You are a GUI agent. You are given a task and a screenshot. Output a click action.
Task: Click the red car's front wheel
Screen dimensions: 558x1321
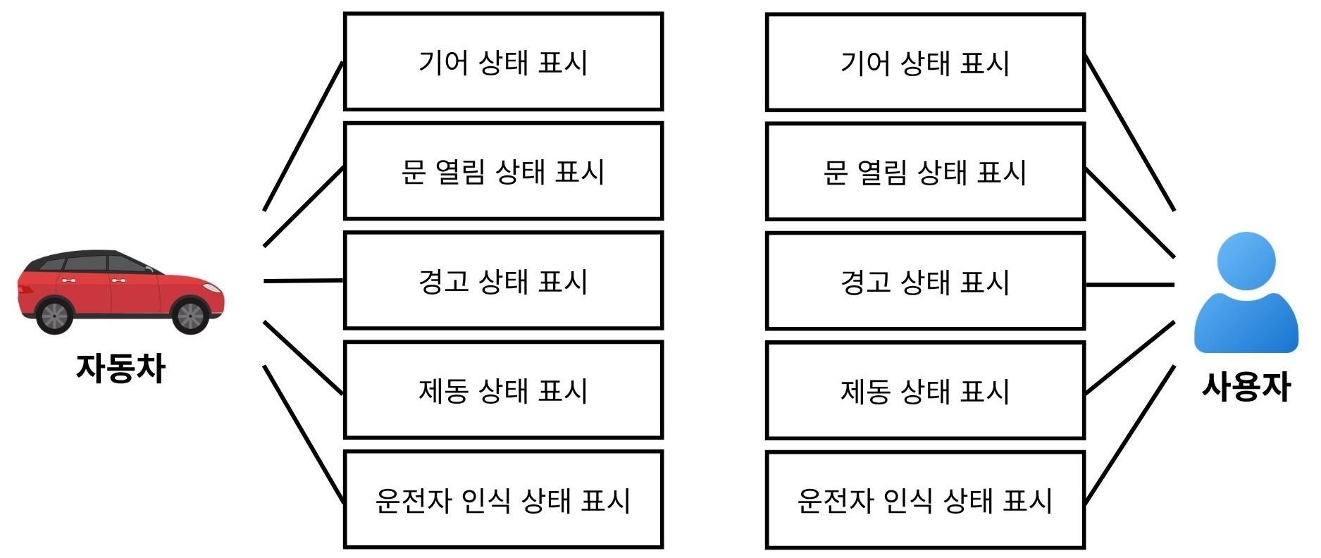[x=190, y=315]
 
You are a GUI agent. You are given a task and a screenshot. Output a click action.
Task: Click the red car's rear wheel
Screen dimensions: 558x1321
[x=55, y=315]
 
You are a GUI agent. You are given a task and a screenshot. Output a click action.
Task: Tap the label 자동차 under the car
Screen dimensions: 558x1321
[x=120, y=368]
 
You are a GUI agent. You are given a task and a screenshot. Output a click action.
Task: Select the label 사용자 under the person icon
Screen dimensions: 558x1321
[x=1246, y=387]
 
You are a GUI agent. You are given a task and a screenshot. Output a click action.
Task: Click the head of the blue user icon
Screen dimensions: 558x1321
[x=1246, y=260]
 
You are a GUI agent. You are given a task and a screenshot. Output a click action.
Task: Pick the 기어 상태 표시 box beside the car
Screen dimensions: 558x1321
[x=503, y=62]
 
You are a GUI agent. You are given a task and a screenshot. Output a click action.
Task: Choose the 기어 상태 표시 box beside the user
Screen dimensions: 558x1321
[x=925, y=63]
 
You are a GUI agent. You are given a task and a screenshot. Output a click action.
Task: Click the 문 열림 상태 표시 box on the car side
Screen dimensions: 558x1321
[x=503, y=171]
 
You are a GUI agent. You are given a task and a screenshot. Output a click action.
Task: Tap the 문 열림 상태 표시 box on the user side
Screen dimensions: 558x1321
[x=925, y=172]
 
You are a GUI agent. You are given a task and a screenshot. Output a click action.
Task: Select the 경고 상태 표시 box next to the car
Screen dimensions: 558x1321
[x=503, y=280]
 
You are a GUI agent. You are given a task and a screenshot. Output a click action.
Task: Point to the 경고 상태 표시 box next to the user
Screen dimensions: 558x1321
[x=925, y=281]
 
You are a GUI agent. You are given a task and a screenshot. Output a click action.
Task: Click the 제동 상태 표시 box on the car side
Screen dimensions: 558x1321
[x=503, y=390]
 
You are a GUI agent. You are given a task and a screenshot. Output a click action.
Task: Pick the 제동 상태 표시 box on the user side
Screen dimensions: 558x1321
[x=925, y=390]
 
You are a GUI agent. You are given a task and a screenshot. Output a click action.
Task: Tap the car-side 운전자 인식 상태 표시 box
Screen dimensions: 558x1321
[x=503, y=500]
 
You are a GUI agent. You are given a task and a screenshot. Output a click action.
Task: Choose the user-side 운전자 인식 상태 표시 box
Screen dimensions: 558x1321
[x=925, y=500]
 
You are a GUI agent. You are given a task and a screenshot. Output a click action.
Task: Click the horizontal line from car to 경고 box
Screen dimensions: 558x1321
[x=303, y=281]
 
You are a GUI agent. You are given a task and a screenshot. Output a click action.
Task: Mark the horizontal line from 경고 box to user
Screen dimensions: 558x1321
[x=1130, y=285]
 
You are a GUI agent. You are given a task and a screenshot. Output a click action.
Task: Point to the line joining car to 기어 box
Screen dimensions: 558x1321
[x=303, y=136]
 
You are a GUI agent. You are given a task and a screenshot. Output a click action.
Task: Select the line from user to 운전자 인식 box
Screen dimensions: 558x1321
[x=1130, y=434]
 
